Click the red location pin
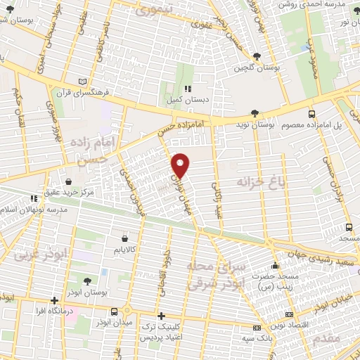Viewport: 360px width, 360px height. click(181, 165)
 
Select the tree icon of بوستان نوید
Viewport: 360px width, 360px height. click(255, 113)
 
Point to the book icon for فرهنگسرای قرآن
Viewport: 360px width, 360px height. click(84, 82)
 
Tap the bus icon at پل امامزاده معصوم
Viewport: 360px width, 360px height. click(311, 114)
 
